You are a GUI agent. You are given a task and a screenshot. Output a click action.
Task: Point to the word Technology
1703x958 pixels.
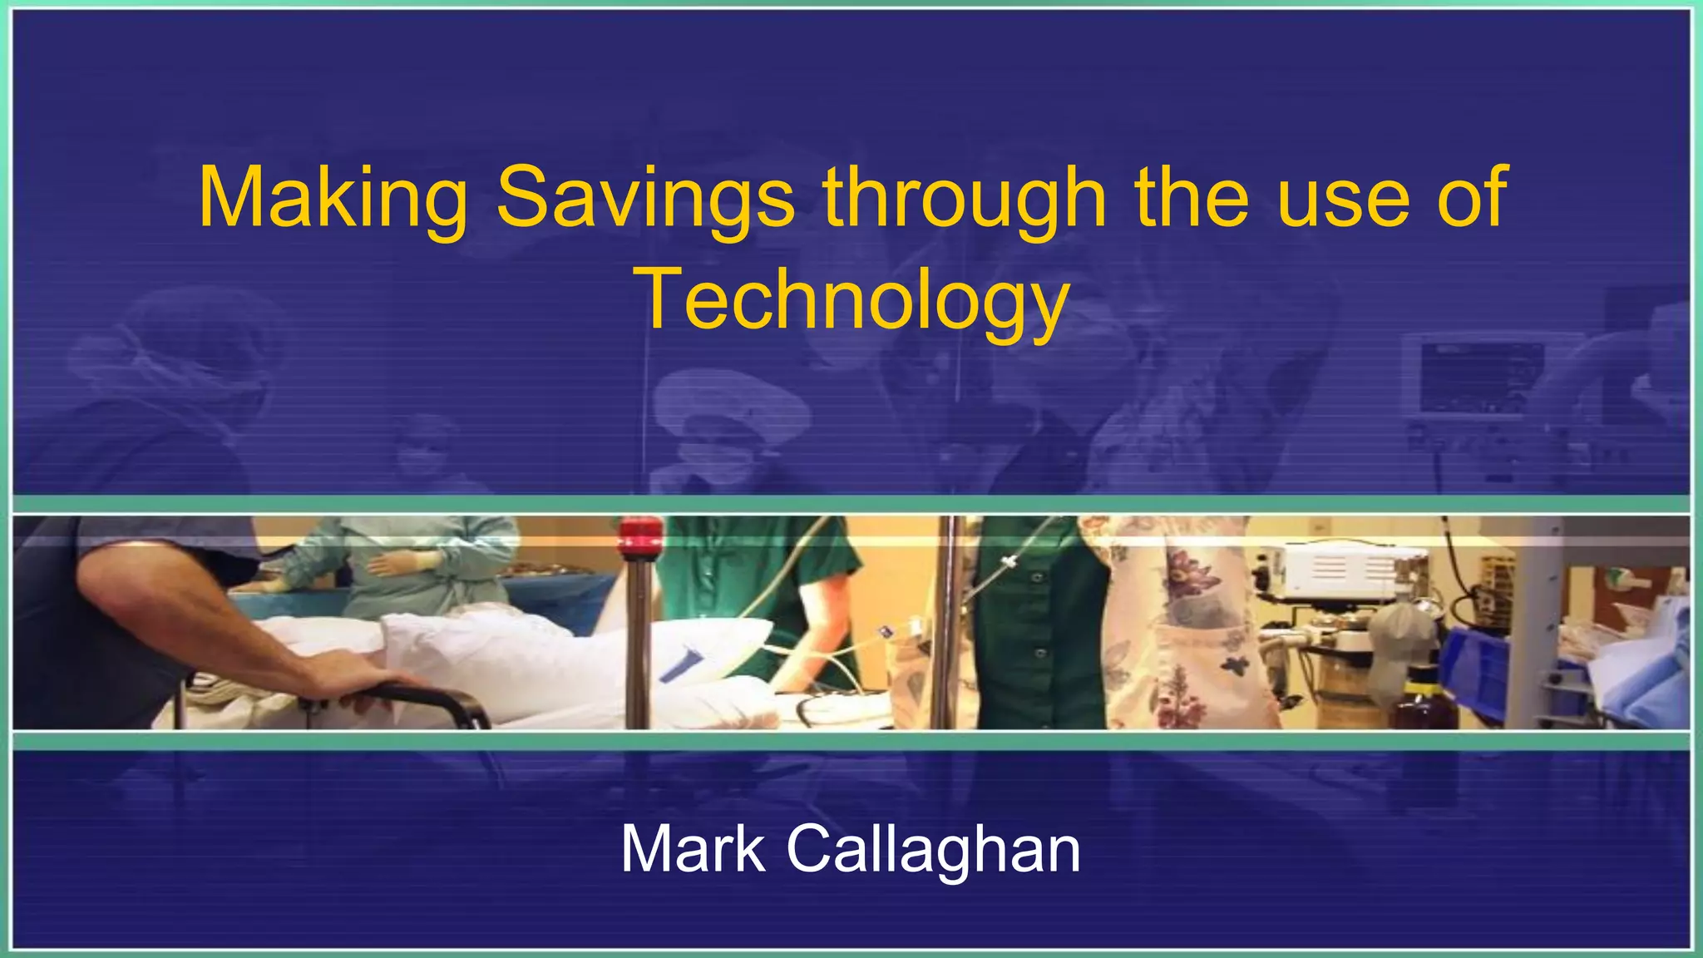click(x=854, y=299)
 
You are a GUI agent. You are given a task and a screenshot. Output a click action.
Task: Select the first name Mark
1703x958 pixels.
click(x=693, y=849)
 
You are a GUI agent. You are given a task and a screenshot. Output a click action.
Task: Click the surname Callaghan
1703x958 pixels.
click(x=933, y=849)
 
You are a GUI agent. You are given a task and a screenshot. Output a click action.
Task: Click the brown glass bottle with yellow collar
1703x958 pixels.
click(x=1423, y=707)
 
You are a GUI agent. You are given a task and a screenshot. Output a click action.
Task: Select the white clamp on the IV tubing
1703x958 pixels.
click(x=1009, y=565)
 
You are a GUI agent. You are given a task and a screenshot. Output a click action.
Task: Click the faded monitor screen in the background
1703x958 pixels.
click(x=1480, y=376)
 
